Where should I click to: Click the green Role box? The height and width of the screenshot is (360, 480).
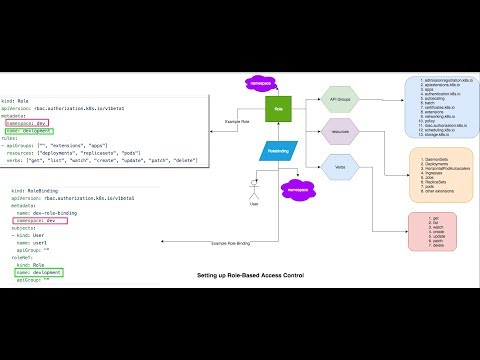pyautogui.click(x=278, y=107)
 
